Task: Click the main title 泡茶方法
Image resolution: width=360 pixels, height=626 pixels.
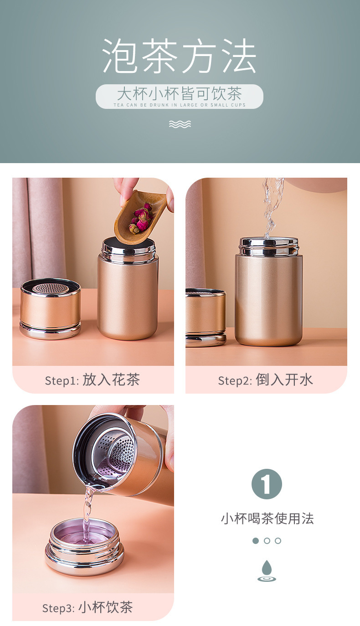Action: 180,56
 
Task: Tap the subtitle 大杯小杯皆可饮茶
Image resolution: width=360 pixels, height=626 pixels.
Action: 180,93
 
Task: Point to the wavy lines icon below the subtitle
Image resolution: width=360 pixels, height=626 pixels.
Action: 180,124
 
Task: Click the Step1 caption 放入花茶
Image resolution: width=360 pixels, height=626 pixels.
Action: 111,380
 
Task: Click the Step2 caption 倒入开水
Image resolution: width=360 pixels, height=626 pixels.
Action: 284,380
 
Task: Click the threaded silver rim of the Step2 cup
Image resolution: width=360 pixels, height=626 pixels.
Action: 268,246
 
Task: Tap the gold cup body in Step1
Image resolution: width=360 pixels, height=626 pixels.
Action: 128,298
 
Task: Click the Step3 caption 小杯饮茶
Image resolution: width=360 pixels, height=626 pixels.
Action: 105,607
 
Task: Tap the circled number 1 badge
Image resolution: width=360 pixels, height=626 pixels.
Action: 267,484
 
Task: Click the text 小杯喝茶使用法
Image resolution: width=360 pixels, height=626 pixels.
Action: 267,518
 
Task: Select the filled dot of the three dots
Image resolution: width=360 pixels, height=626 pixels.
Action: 256,541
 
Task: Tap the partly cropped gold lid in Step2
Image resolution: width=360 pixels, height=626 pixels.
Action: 206,318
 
